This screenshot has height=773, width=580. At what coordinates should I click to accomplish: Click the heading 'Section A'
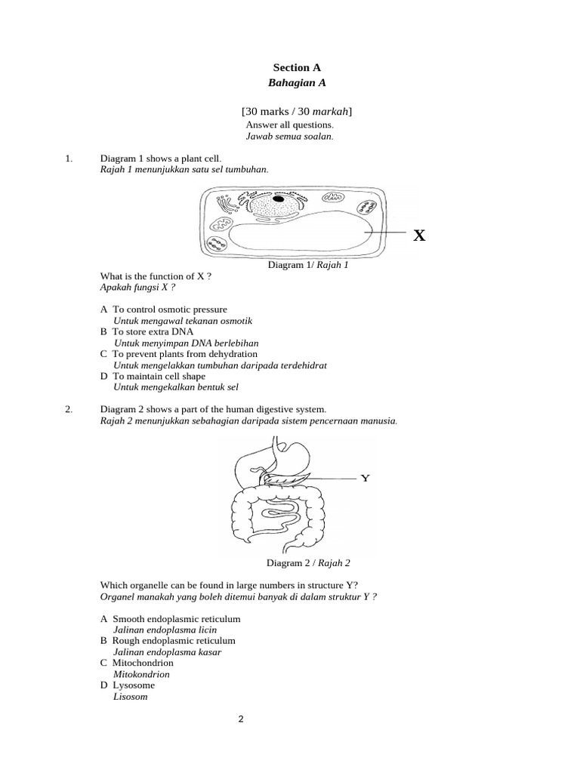point(291,67)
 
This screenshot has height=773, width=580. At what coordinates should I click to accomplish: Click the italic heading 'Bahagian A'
point(291,82)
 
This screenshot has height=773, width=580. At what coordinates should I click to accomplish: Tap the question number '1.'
point(69,159)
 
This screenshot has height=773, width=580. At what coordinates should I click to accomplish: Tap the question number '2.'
point(69,409)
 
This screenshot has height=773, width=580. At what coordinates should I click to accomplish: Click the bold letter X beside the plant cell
point(419,236)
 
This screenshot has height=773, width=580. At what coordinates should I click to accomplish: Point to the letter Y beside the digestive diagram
point(366,478)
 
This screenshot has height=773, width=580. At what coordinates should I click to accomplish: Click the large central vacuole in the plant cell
point(302,236)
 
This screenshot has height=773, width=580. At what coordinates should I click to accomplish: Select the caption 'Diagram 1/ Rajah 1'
point(308,265)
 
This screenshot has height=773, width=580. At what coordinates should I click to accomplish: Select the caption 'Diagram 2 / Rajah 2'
point(308,562)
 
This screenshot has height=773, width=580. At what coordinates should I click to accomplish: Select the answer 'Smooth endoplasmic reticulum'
point(176,619)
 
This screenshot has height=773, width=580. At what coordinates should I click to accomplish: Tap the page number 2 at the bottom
point(241,719)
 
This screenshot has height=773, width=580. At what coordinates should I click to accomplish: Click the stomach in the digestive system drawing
point(293,457)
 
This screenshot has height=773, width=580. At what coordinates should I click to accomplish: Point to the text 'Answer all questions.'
point(289,125)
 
